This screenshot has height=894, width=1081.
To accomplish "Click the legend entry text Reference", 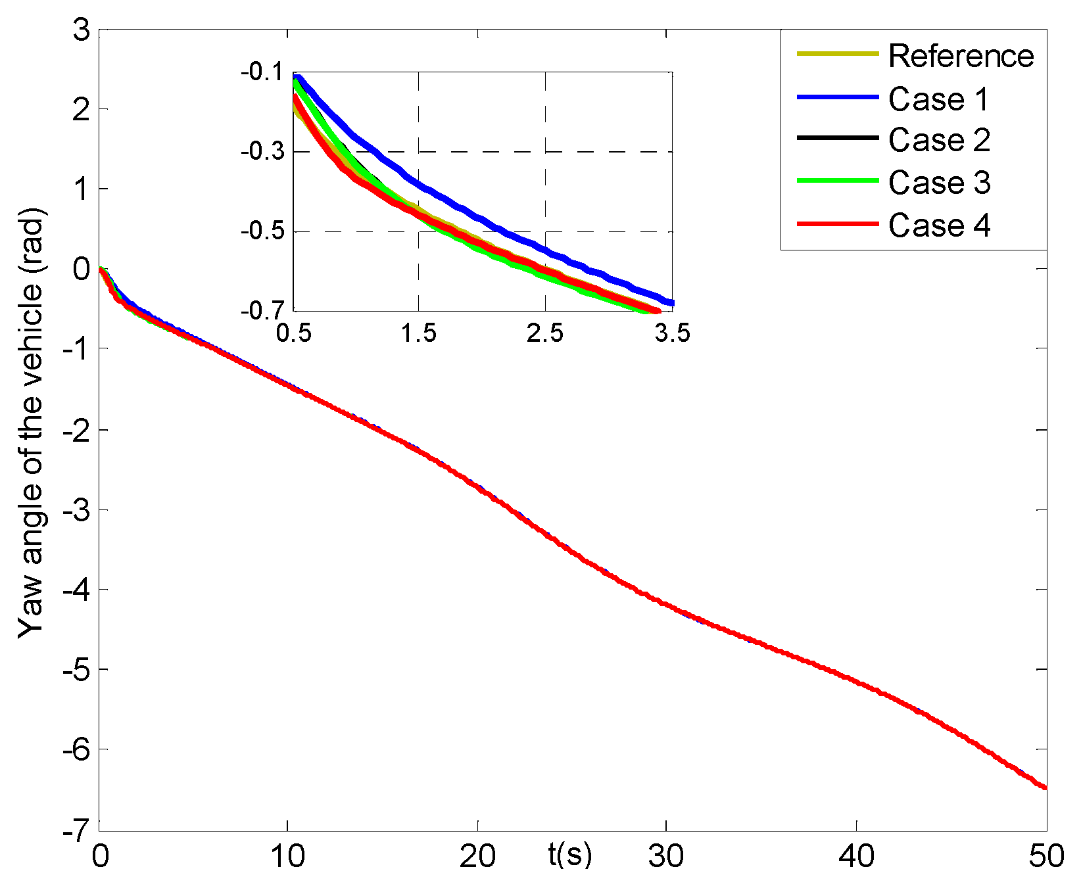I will [961, 56].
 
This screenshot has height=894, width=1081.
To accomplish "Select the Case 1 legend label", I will [938, 99].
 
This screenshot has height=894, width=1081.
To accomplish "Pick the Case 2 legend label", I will [938, 140].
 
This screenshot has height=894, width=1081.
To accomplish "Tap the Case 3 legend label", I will [938, 182].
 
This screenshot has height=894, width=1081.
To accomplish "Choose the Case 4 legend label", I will [938, 225].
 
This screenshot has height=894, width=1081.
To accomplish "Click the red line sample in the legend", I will [838, 224].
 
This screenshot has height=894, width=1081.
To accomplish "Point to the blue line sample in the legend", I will [838, 97].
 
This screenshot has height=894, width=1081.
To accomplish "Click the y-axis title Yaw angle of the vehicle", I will [31, 422].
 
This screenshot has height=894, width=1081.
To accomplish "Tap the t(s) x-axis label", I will [569, 855].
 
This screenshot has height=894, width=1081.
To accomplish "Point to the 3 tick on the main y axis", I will [82, 30].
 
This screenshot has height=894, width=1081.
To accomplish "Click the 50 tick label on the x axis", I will [1046, 857].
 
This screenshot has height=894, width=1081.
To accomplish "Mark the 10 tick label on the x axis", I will [288, 857].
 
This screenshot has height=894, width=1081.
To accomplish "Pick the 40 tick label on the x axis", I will [857, 857].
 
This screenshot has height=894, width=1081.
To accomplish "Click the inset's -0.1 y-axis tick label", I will [262, 72].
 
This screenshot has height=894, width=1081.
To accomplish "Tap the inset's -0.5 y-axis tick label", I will [262, 231].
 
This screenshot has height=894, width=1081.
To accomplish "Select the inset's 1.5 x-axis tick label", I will [418, 333].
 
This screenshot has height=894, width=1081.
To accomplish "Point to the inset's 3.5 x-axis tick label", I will [672, 333].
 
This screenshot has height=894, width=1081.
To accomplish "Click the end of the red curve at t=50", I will [1045, 787].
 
